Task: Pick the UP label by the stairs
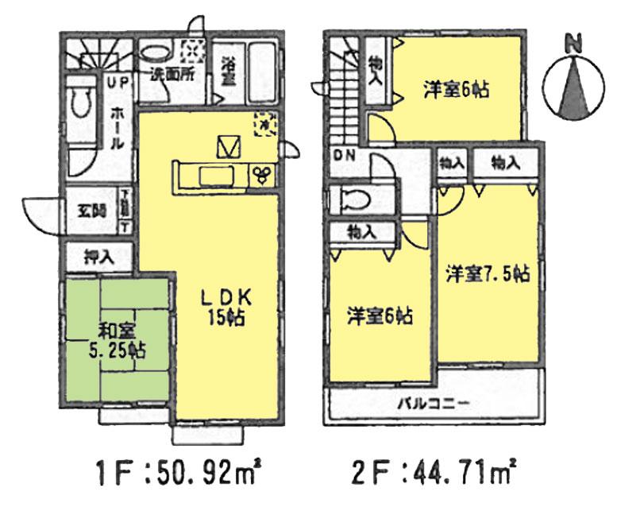tap(116, 82)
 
